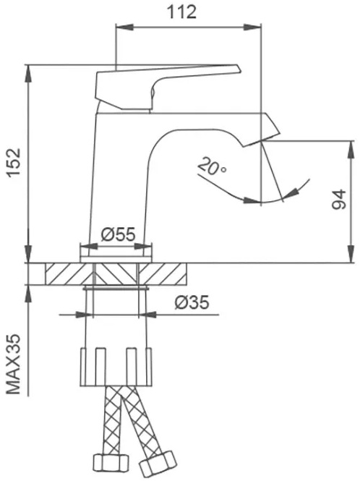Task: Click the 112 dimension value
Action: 181,12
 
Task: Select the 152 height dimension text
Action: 14,163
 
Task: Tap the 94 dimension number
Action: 339,200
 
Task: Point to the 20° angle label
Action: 212,166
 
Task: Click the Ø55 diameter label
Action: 118,234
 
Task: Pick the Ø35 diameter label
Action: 192,302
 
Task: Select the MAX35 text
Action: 14,364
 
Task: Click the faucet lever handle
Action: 167,88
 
